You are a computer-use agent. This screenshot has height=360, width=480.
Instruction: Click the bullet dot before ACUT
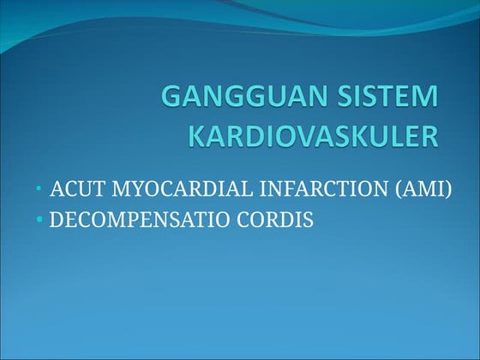pyautogui.click(x=39, y=190)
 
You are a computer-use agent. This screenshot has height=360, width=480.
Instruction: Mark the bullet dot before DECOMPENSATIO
pyautogui.click(x=39, y=220)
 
